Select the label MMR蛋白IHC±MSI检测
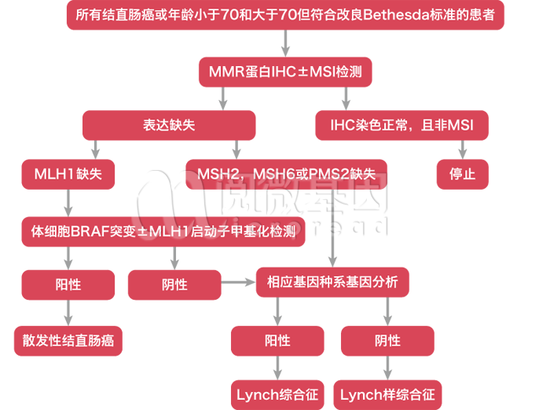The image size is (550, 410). pyautogui.click(x=285, y=72)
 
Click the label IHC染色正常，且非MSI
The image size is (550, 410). pyautogui.click(x=402, y=125)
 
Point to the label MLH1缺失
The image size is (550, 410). pyautogui.click(x=68, y=174)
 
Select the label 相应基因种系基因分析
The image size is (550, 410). pyautogui.click(x=332, y=282)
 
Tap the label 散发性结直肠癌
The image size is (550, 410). pyautogui.click(x=68, y=341)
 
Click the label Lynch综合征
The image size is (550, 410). pyautogui.click(x=277, y=394)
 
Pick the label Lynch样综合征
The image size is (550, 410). pyautogui.click(x=387, y=394)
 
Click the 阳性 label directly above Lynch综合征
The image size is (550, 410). pyautogui.click(x=277, y=341)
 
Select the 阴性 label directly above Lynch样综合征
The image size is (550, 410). pyautogui.click(x=387, y=341)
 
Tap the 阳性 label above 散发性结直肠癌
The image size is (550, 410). pyautogui.click(x=68, y=284)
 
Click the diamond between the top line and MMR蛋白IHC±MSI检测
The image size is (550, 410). pyautogui.click(x=285, y=43)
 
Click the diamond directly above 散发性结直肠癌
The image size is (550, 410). pyautogui.click(x=68, y=313)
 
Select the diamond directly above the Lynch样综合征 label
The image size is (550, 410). pyautogui.click(x=387, y=368)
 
